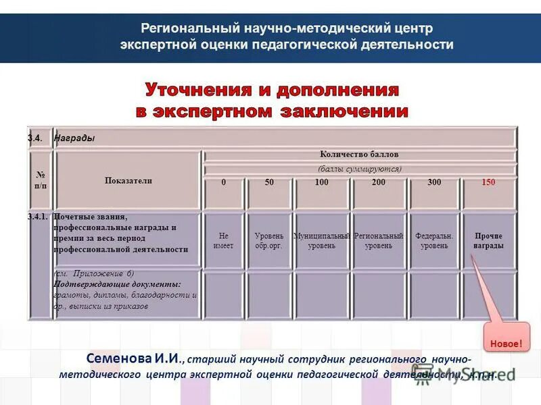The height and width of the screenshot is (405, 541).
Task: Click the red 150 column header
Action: [x=488, y=183]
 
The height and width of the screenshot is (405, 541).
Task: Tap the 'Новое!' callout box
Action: [x=506, y=344]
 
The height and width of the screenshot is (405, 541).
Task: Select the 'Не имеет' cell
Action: [x=223, y=241]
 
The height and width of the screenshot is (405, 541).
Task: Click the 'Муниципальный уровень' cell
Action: [x=321, y=241]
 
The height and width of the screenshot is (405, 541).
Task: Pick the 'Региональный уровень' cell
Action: [x=379, y=241]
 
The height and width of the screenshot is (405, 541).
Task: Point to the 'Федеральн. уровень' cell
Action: [x=434, y=241]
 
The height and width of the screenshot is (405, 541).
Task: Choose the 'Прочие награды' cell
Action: [x=488, y=241]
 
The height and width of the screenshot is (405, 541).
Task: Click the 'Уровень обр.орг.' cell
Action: [x=268, y=241]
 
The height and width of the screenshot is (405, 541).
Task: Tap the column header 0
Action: [x=223, y=183]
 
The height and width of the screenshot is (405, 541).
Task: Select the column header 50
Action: [x=269, y=183]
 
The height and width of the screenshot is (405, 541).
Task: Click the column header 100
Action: [x=321, y=183]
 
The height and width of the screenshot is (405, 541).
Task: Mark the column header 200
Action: [x=379, y=183]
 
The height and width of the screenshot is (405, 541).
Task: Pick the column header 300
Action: [x=434, y=183]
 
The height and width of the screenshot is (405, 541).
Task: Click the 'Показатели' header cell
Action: [x=128, y=180]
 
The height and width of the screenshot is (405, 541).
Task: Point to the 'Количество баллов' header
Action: [x=360, y=155]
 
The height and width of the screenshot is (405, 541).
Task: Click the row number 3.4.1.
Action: [x=38, y=217]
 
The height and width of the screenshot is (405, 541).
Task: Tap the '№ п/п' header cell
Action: [x=40, y=180]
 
